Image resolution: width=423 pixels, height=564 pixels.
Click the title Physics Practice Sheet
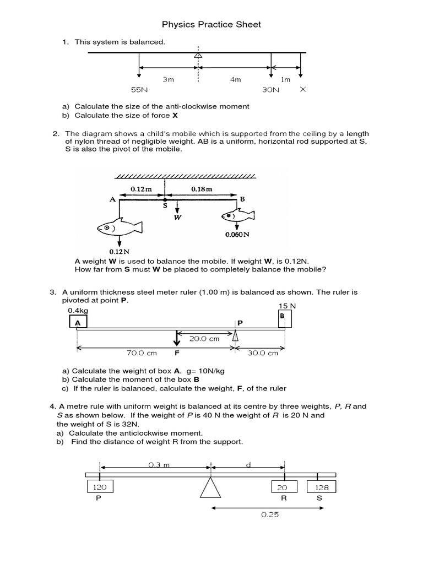click(211, 24)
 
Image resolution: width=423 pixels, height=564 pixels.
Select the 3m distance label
click(168, 79)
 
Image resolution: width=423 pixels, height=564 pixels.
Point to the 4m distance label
click(235, 79)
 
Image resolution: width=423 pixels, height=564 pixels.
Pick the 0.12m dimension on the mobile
click(140, 189)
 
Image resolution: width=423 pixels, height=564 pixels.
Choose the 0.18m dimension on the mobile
click(202, 189)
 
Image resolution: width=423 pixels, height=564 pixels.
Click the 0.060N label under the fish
click(237, 234)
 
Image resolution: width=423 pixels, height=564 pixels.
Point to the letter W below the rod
click(178, 217)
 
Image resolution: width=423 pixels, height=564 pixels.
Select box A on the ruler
click(77, 322)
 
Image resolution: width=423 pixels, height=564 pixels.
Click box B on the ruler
click(285, 318)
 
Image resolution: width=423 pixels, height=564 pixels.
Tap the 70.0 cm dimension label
click(128, 353)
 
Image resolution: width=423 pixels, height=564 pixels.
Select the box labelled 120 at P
click(100, 487)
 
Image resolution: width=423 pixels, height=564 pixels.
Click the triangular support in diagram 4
click(210, 487)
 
